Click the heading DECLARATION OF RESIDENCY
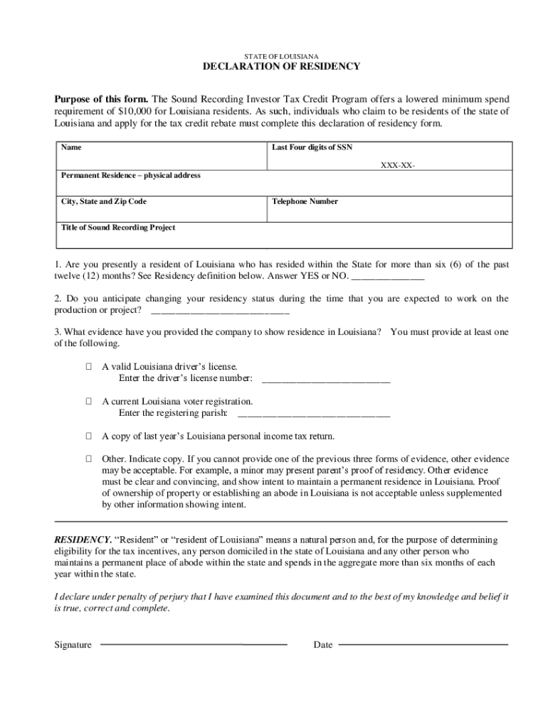(x=282, y=67)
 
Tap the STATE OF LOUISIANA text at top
(x=282, y=55)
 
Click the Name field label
(x=70, y=148)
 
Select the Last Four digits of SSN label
(x=312, y=148)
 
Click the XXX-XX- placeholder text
(x=398, y=166)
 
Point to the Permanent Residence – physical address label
(x=130, y=175)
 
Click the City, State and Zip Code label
(x=104, y=201)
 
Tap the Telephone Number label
(x=305, y=201)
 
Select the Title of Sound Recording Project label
(x=118, y=227)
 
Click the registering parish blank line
(x=314, y=414)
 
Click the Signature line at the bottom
(x=194, y=645)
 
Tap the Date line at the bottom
(x=423, y=645)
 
